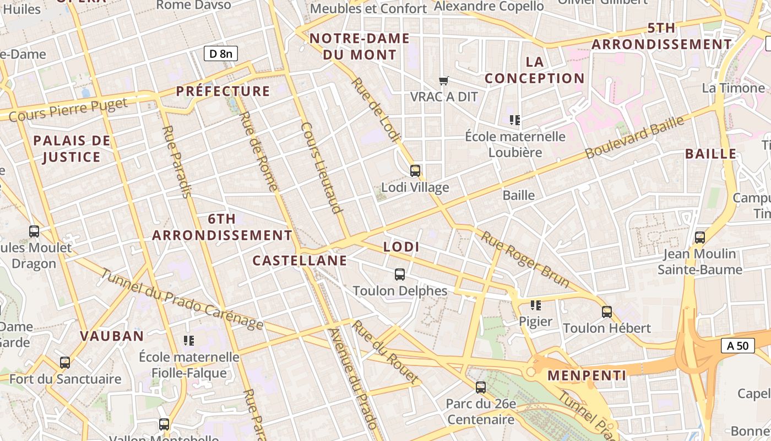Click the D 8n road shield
pos(220,53)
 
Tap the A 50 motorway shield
pos(737,346)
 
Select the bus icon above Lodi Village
pos(415,171)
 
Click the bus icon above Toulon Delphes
pos(400,274)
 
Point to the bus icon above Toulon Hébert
pos(607,312)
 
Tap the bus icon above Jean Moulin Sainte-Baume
pos(700,238)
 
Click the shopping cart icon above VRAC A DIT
pos(444,81)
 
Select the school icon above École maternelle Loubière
pos(515,120)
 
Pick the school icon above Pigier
pos(535,305)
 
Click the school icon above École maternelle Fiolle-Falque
pos(189,341)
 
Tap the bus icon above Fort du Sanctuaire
pos(65,363)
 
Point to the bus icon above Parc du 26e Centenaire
pos(481,388)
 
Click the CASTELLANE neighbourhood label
pos(300,261)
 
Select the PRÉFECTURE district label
pos(223,92)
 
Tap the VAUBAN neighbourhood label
pos(112,336)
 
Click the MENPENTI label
pos(587,376)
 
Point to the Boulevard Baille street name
pos(634,137)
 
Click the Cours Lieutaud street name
pos(322,167)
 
